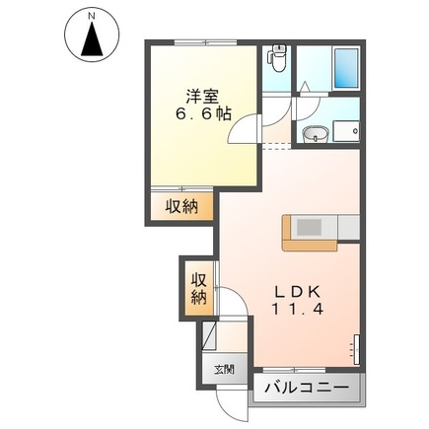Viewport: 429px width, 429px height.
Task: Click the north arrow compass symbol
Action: pyautogui.click(x=92, y=40)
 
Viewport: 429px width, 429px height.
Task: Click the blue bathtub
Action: pyautogui.click(x=345, y=69)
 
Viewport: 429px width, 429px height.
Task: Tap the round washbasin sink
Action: pyautogui.click(x=315, y=135)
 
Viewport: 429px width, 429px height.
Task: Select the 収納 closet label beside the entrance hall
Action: pyautogui.click(x=197, y=287)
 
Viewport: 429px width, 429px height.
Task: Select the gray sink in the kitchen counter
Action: pyautogui.click(x=310, y=226)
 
